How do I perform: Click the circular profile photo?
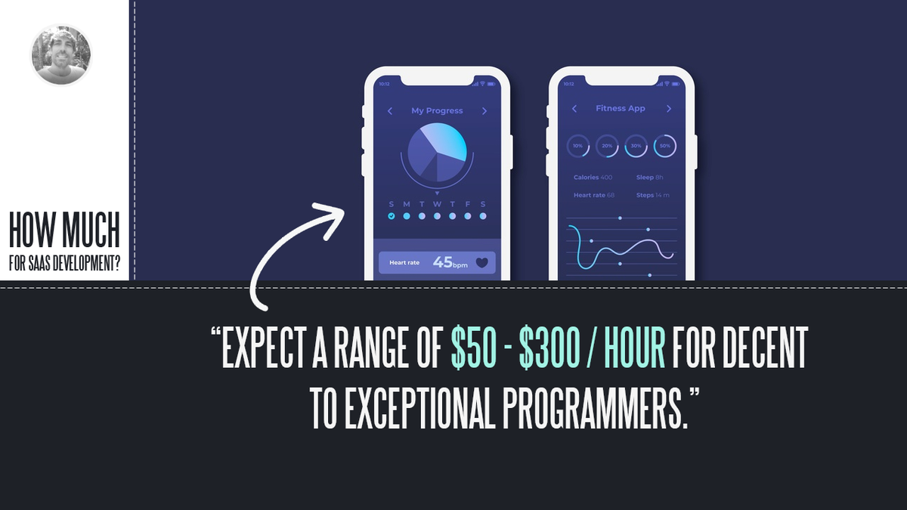tap(60, 54)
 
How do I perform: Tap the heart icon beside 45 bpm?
tap(482, 263)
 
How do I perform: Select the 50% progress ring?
tap(664, 146)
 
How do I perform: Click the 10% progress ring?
tap(578, 146)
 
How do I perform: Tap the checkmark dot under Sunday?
tap(392, 216)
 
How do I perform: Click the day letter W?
tap(437, 204)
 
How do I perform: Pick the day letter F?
tap(468, 204)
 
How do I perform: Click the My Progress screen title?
tap(437, 110)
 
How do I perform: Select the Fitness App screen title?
tap(621, 108)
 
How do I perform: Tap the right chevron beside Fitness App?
tap(669, 109)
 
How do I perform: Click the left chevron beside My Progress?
tap(390, 111)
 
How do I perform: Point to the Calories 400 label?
tap(593, 178)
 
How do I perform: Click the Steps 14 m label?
tap(652, 195)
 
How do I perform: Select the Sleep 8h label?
tap(649, 178)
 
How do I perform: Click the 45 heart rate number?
tap(442, 262)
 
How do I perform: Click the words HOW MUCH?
tap(64, 230)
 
